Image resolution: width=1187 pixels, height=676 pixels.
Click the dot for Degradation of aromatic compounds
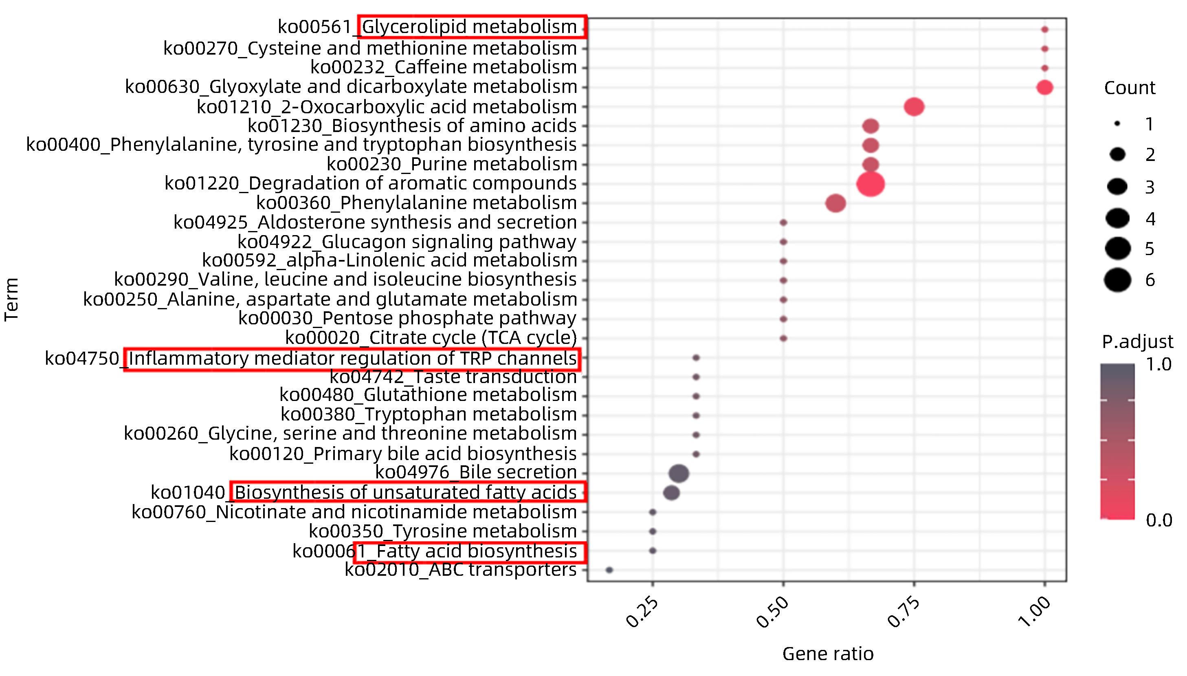(870, 184)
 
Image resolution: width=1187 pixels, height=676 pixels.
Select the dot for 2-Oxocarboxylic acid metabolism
(914, 107)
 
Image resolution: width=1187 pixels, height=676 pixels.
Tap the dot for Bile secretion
(679, 473)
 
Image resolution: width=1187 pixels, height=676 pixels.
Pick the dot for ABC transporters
(609, 570)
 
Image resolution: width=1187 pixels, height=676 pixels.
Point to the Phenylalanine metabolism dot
(835, 203)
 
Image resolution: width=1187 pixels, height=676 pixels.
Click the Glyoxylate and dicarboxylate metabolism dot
(1044, 87)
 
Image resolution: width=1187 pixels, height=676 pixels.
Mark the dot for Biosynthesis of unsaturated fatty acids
(671, 493)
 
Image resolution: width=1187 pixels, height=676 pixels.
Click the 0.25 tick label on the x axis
(643, 612)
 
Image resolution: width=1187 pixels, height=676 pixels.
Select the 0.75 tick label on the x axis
(904, 612)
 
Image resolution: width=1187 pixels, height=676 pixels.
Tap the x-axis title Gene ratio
(828, 654)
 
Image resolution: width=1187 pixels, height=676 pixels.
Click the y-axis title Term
(11, 299)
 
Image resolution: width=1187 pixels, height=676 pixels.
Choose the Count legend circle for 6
(1117, 280)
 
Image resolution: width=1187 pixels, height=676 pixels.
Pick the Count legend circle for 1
(1117, 124)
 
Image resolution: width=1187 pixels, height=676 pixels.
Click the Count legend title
(1130, 88)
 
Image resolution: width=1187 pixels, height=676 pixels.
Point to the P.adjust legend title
(1137, 342)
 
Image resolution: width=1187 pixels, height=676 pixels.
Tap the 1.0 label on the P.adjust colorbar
(1159, 364)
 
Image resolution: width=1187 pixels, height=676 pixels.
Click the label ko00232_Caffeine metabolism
(443, 67)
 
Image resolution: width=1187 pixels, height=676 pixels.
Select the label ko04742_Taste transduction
(453, 377)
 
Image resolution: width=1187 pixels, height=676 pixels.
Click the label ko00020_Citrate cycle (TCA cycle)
(431, 337)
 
